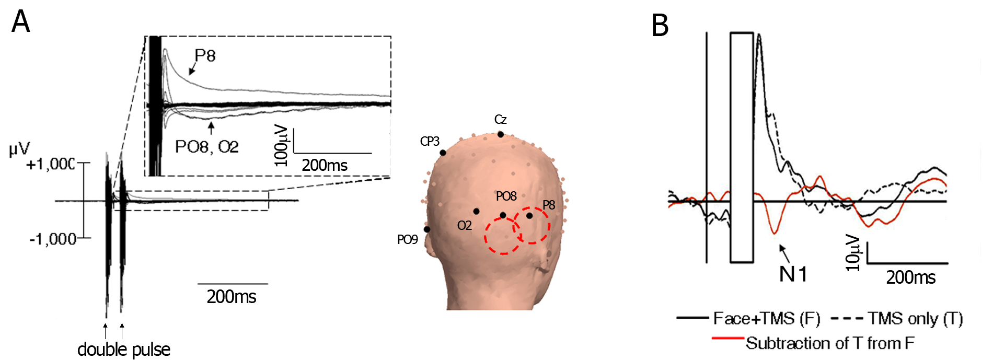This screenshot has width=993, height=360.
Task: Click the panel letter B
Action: pyautogui.click(x=660, y=25)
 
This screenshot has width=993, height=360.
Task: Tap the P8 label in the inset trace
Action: pyautogui.click(x=205, y=55)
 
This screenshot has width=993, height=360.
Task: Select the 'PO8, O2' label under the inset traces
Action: pyautogui.click(x=206, y=147)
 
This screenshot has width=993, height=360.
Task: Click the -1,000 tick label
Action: pyautogui.click(x=53, y=239)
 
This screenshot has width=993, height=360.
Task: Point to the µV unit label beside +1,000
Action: pyautogui.click(x=19, y=149)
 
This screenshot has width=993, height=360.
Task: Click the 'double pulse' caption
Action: pyautogui.click(x=124, y=350)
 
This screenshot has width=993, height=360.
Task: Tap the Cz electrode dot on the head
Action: pyautogui.click(x=501, y=134)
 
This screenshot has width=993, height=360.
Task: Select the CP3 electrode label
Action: pyautogui.click(x=430, y=142)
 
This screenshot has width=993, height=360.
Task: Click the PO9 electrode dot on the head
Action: pyautogui.click(x=427, y=229)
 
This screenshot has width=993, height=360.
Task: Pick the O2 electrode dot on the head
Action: pyautogui.click(x=476, y=212)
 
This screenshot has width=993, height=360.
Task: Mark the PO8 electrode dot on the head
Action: pyautogui.click(x=503, y=215)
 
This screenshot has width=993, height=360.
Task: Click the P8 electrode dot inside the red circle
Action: pyautogui.click(x=529, y=216)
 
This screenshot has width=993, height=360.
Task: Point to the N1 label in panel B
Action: pyautogui.click(x=793, y=274)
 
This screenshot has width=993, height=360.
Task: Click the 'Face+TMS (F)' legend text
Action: pyautogui.click(x=767, y=318)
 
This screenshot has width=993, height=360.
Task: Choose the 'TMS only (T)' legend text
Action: pyautogui.click(x=915, y=318)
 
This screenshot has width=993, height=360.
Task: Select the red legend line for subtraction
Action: pyautogui.click(x=728, y=339)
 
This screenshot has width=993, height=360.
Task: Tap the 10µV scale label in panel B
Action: pyautogui.click(x=853, y=253)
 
